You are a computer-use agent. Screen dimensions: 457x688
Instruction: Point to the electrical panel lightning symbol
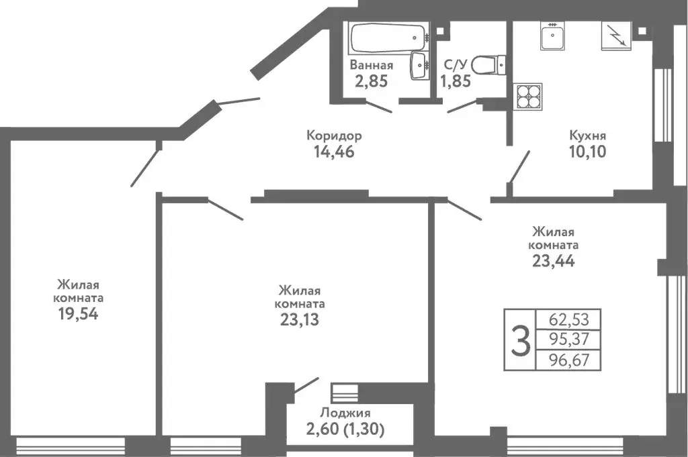pyautogui.click(x=615, y=35)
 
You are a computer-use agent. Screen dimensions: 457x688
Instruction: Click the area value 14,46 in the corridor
pyautogui.click(x=334, y=152)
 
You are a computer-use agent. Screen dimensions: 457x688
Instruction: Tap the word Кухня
pyautogui.click(x=587, y=136)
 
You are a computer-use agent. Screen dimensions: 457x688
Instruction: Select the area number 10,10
pyautogui.click(x=587, y=152)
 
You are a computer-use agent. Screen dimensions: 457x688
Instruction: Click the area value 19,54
pyautogui.click(x=79, y=313)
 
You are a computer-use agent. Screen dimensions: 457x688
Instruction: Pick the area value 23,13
pyautogui.click(x=300, y=319)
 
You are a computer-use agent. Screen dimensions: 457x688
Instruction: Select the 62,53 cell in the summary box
pyautogui.click(x=566, y=318)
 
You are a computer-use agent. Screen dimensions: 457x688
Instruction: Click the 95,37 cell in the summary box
pyautogui.click(x=566, y=339)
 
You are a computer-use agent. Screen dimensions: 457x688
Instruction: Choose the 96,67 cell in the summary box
pyautogui.click(x=566, y=360)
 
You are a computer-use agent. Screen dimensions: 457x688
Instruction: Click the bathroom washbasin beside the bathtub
pyautogui.click(x=421, y=65)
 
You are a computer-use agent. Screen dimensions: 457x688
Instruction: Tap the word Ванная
pyautogui.click(x=372, y=66)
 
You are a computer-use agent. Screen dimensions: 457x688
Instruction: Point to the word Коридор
pyautogui.click(x=334, y=136)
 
